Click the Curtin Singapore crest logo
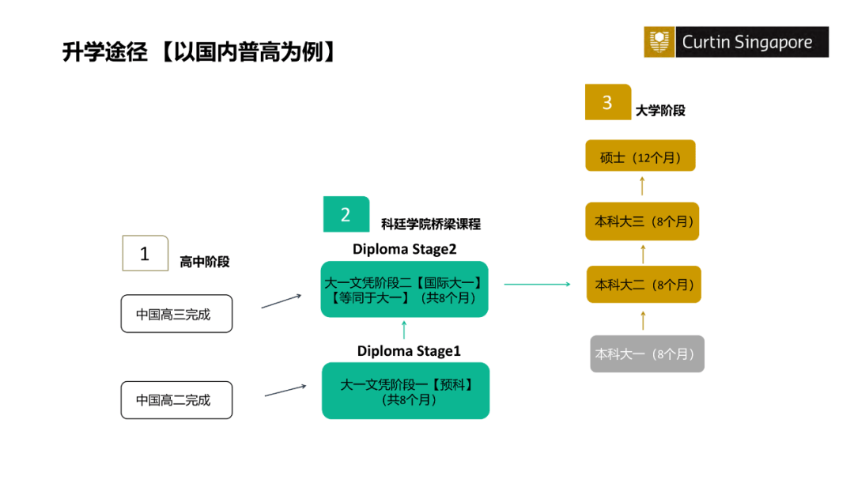coord(658,42)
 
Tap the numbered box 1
coord(145,253)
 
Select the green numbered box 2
coord(346,214)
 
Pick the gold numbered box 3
coord(607,102)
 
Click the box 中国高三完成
coord(176,314)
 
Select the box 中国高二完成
coord(176,400)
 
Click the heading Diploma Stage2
coord(405,249)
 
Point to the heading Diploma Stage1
coord(408,350)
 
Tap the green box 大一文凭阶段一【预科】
coord(406,391)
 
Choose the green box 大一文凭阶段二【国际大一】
coord(404,289)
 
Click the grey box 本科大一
coord(647,354)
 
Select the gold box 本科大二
coord(644,285)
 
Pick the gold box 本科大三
coord(642,221)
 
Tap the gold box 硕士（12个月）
coord(640,157)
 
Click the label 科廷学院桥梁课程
coord(430,224)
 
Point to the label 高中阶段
coord(204,262)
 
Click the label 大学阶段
coord(660,111)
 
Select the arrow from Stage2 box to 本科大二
coord(537,284)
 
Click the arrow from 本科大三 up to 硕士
coord(642,187)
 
